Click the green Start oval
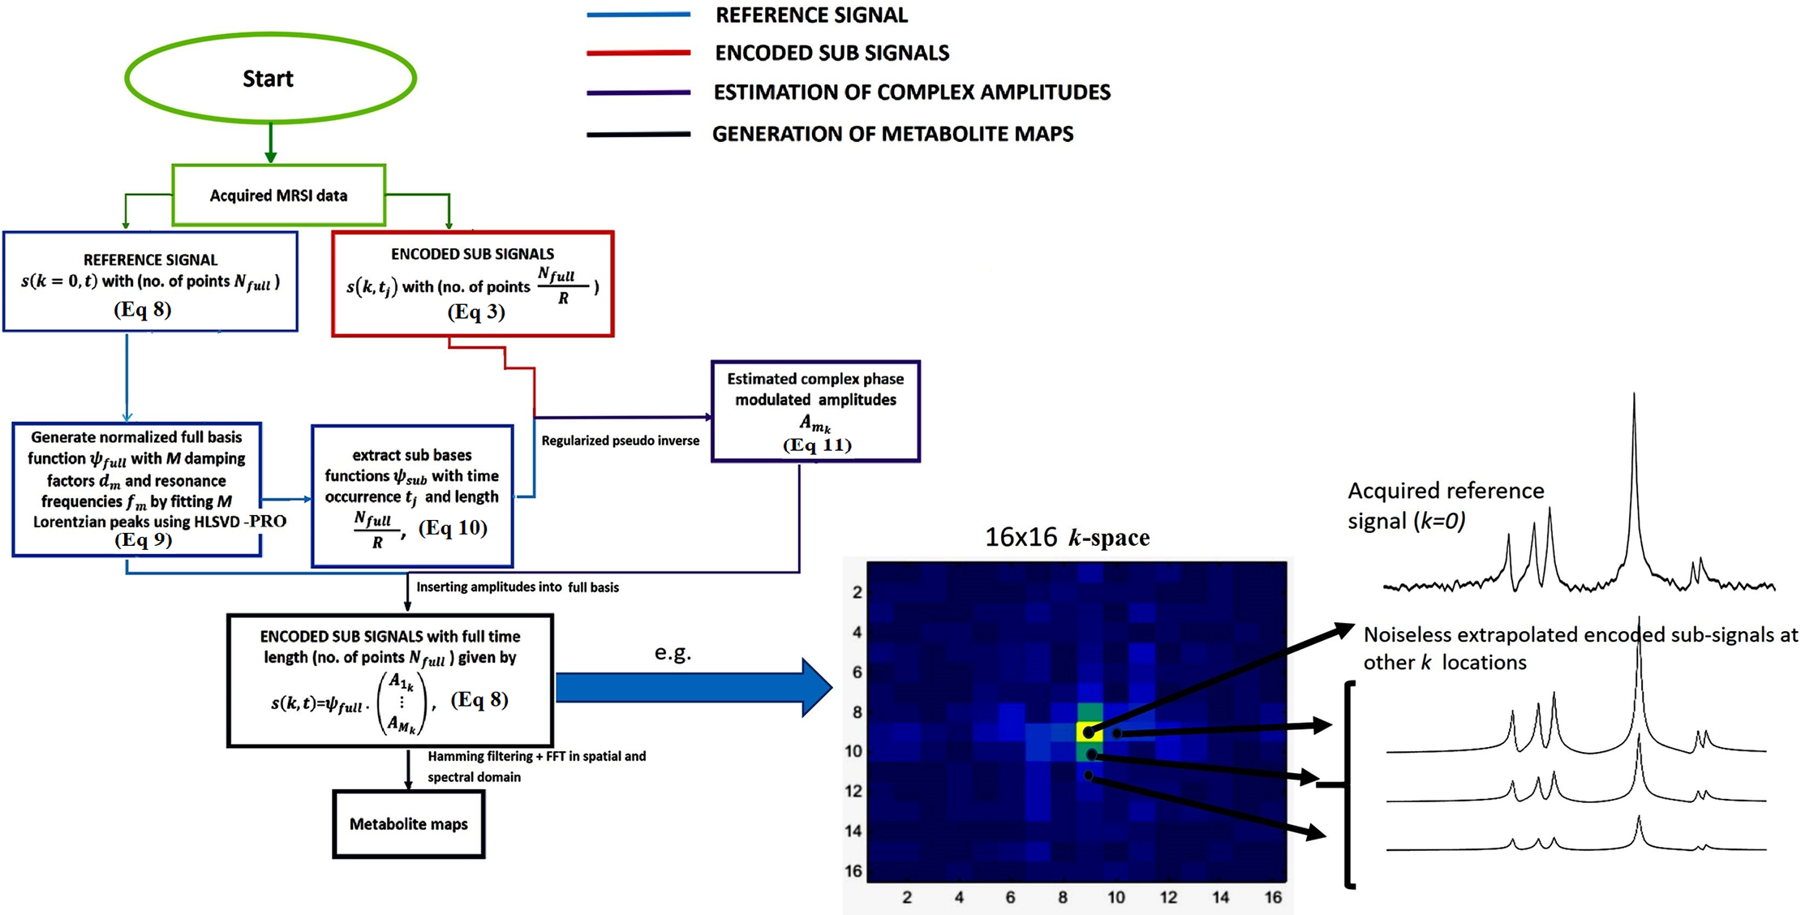click(270, 78)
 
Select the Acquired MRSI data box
click(278, 195)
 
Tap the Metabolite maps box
click(408, 824)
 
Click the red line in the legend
click(638, 53)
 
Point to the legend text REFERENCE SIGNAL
click(811, 15)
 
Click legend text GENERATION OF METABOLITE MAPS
click(892, 134)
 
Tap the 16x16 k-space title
click(1067, 537)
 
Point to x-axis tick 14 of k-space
click(1220, 897)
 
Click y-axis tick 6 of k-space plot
click(857, 672)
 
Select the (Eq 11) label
click(816, 445)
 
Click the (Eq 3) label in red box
click(476, 312)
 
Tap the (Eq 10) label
click(453, 528)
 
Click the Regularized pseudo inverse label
click(620, 440)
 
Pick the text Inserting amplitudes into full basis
click(518, 587)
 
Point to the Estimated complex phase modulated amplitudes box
click(815, 410)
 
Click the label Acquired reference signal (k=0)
click(1446, 505)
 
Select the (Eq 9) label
click(143, 540)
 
